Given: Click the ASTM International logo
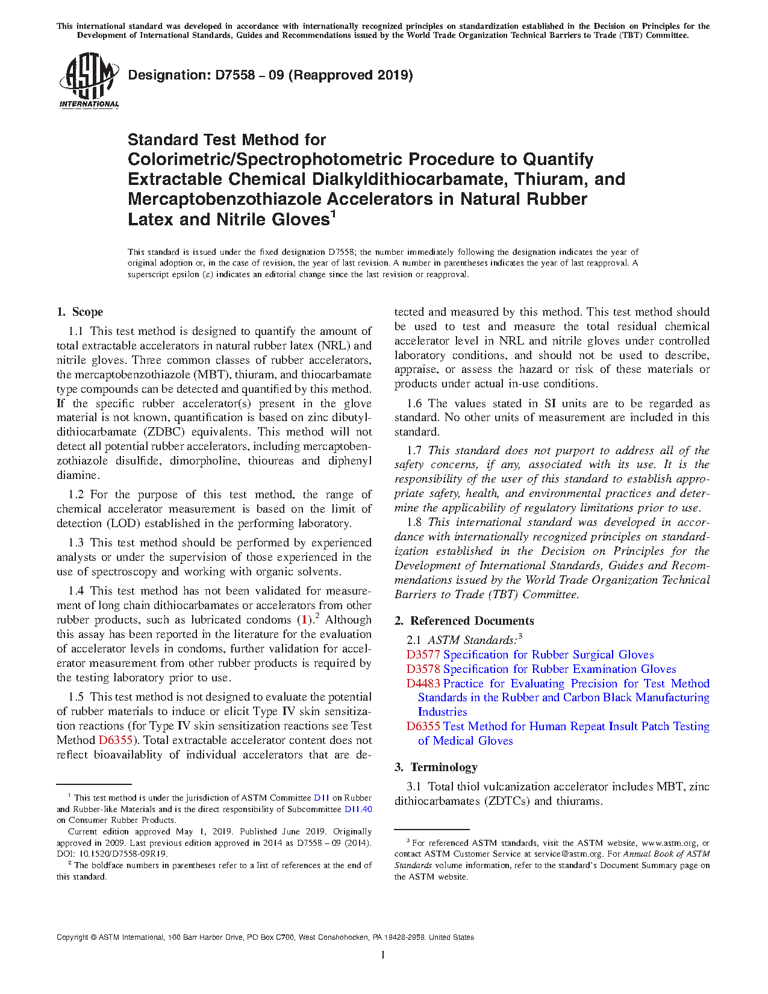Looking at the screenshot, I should point(89,80).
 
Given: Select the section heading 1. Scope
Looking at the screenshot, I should point(80,311).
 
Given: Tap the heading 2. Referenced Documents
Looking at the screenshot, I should point(464,620).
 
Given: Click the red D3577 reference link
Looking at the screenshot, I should point(423,655).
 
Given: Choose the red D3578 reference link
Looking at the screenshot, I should point(423,669).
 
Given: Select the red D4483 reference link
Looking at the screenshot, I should point(423,684).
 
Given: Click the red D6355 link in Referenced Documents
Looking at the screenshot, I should point(423,727).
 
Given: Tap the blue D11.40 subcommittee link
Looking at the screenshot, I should point(358,809).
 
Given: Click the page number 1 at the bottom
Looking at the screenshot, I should point(383,954).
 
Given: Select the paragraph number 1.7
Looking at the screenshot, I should point(414,451).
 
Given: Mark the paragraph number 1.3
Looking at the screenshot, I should point(76,543).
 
